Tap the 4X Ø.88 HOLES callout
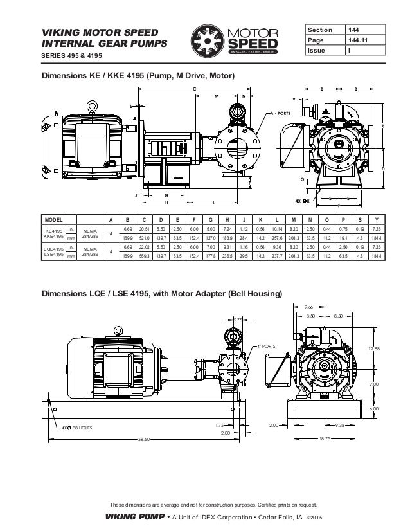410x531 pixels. point(78,426)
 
